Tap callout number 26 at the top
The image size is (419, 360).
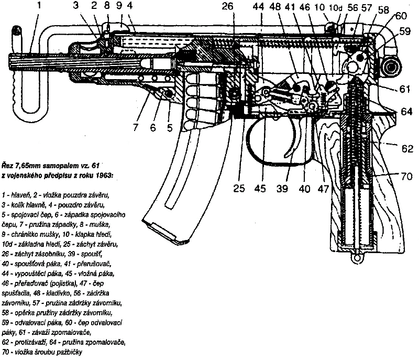coord(227,7)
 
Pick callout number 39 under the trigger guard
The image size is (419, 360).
coord(282,188)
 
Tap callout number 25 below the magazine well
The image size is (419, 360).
coord(239,188)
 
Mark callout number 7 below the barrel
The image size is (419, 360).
coord(135,126)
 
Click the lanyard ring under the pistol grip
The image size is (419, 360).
coord(358,257)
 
